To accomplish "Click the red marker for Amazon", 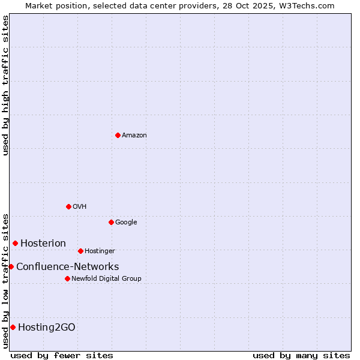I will pyautogui.click(x=118, y=135).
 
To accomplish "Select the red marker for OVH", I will pyautogui.click(x=68, y=206).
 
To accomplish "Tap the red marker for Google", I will pyautogui.click(x=111, y=222).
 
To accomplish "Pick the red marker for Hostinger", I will pyautogui.click(x=80, y=251).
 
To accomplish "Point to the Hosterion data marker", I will pyautogui.click(x=15, y=243).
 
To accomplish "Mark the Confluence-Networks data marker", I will pyautogui.click(x=11, y=266).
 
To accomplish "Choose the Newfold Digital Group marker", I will pyautogui.click(x=67, y=278).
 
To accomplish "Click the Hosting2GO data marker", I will pyautogui.click(x=13, y=327).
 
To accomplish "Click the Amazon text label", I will pyautogui.click(x=134, y=136).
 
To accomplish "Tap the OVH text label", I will pyautogui.click(x=80, y=207).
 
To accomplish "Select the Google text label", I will pyautogui.click(x=126, y=223).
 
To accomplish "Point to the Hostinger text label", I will pyautogui.click(x=100, y=251).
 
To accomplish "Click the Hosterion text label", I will pyautogui.click(x=43, y=243).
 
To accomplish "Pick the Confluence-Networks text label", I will pyautogui.click(x=67, y=267).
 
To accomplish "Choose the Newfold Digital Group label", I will pyautogui.click(x=106, y=279).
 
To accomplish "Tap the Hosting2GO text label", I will pyautogui.click(x=47, y=327).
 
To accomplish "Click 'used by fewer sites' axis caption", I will pyautogui.click(x=62, y=355).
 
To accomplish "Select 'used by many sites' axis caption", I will pyautogui.click(x=301, y=355).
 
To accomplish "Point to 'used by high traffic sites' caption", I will pyautogui.click(x=5, y=85).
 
